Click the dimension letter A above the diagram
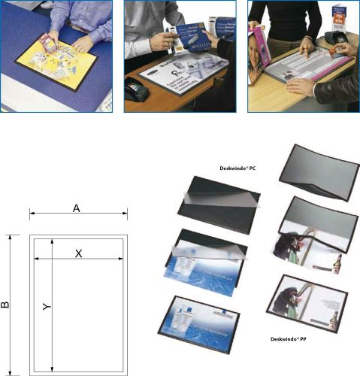click(x=77, y=208)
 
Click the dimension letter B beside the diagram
click(x=6, y=305)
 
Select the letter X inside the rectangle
click(x=78, y=254)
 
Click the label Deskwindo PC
click(x=234, y=169)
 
